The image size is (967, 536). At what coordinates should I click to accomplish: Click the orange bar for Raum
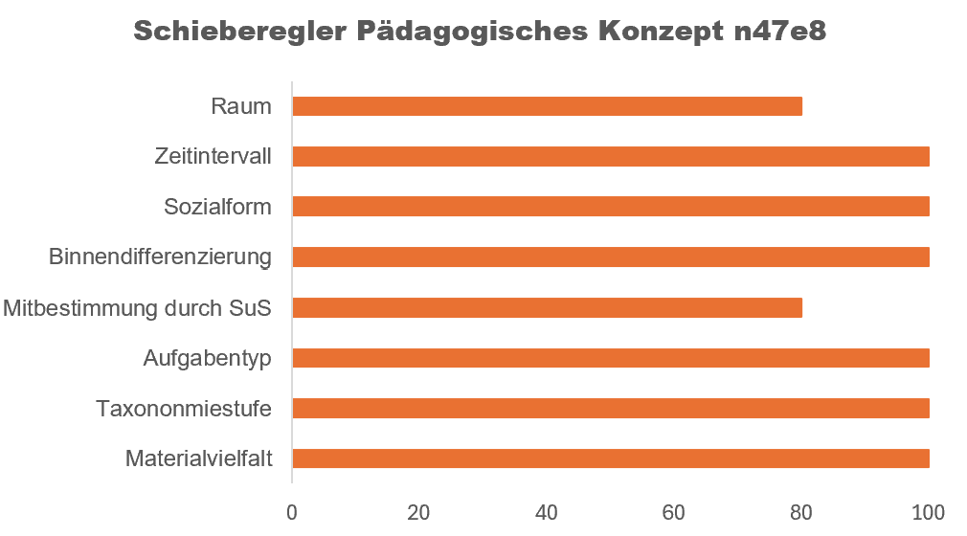pyautogui.click(x=547, y=106)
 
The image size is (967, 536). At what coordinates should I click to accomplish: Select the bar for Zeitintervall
pyautogui.click(x=610, y=156)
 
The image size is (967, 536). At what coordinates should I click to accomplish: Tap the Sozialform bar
pyautogui.click(x=610, y=207)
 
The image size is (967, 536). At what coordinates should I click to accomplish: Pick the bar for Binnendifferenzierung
pyautogui.click(x=610, y=257)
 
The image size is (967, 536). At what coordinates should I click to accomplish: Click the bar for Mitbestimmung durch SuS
pyautogui.click(x=547, y=307)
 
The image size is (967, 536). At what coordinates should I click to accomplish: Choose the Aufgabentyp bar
pyautogui.click(x=610, y=358)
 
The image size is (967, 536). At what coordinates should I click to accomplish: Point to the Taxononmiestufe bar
pyautogui.click(x=610, y=409)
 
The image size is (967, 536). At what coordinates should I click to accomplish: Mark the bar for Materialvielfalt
pyautogui.click(x=610, y=458)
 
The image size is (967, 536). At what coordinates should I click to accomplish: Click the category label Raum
pyautogui.click(x=241, y=106)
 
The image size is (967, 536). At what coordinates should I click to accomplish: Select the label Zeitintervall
pyautogui.click(x=213, y=156)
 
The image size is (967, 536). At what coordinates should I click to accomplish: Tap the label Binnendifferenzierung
pyautogui.click(x=160, y=257)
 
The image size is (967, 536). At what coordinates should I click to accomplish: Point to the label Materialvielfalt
pyautogui.click(x=199, y=459)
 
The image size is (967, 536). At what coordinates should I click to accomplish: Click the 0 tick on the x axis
pyautogui.click(x=292, y=511)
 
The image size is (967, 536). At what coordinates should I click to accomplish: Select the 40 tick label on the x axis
pyautogui.click(x=547, y=511)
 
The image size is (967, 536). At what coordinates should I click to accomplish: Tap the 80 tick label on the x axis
pyautogui.click(x=801, y=511)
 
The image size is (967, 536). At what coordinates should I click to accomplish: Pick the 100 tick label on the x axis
pyautogui.click(x=928, y=511)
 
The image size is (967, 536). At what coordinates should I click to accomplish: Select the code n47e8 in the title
pyautogui.click(x=779, y=31)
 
